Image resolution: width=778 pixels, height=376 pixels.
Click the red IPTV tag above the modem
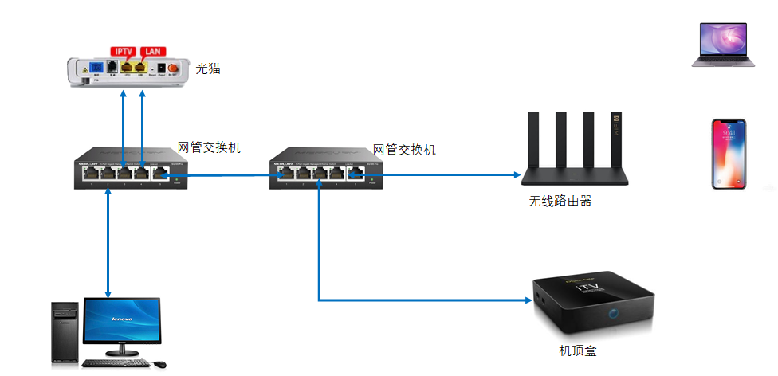pyautogui.click(x=124, y=51)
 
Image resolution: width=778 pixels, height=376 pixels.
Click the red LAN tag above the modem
pyautogui.click(x=153, y=51)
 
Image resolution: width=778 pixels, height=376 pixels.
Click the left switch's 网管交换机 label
pyautogui.click(x=209, y=147)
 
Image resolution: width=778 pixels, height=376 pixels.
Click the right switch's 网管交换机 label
pyautogui.click(x=405, y=150)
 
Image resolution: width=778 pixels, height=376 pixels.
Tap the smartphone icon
pyautogui.click(x=729, y=155)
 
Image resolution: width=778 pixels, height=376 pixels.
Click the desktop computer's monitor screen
pyautogui.click(x=120, y=323)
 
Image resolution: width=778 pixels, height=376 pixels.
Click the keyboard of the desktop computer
pyautogui.click(x=117, y=364)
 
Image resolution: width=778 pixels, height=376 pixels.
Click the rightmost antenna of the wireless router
pyautogui.click(x=617, y=139)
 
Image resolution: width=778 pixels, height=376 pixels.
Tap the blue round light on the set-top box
pyautogui.click(x=614, y=314)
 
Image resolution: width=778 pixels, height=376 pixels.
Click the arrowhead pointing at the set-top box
pyautogui.click(x=528, y=300)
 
